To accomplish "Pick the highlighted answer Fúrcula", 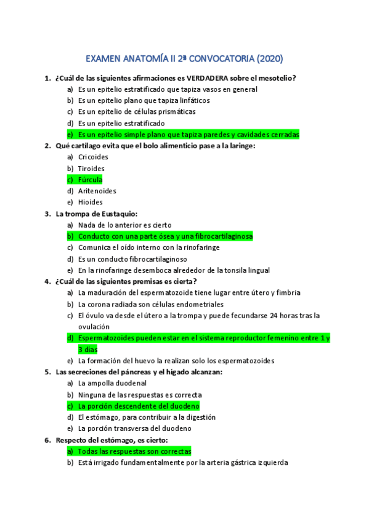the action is pos(91,180).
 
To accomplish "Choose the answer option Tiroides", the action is pos(91,168).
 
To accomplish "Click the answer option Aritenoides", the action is pos(97,191).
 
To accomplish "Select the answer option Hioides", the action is pos(91,202).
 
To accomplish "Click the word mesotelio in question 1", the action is pos(276,78).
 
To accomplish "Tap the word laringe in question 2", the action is pos(241,146).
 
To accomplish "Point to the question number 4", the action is pos(47,281).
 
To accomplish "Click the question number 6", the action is pos(47,440).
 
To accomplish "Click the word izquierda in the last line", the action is pos(271,463).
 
